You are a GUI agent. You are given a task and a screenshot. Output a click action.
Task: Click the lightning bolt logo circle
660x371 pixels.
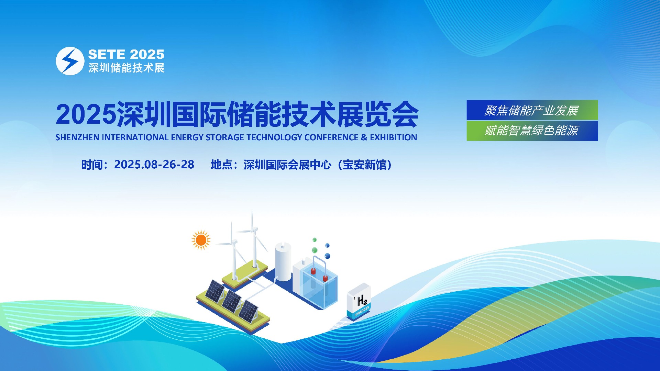[70, 61]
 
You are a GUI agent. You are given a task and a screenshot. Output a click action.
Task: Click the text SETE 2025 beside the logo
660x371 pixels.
[126, 54]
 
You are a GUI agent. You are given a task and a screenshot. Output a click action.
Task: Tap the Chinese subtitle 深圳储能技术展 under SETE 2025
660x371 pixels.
[126, 68]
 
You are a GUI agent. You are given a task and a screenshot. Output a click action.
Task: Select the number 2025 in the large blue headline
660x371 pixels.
[86, 114]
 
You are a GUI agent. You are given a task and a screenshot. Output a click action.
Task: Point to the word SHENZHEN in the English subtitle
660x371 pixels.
[77, 137]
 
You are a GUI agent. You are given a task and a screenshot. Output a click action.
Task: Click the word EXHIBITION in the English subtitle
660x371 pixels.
[393, 137]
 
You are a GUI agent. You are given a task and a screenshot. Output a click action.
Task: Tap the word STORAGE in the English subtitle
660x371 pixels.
[225, 137]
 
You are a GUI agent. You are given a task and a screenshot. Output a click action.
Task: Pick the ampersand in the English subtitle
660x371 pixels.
[364, 137]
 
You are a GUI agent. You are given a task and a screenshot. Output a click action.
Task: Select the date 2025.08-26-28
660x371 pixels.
[154, 165]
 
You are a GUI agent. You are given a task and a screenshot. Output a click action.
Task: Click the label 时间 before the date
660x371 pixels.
[92, 165]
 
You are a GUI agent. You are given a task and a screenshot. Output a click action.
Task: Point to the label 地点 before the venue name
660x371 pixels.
[222, 165]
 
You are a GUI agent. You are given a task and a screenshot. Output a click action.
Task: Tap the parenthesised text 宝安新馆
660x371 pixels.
[364, 165]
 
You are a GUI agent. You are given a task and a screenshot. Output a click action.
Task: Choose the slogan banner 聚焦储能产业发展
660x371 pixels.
[532, 110]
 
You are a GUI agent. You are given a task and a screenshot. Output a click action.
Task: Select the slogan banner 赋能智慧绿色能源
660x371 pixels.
[532, 131]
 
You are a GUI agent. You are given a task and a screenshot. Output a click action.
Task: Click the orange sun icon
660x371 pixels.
[201, 240]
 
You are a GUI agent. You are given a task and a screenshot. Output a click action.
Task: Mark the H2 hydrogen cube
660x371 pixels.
[359, 301]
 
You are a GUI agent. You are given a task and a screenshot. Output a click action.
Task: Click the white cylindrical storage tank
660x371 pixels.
[283, 262]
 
